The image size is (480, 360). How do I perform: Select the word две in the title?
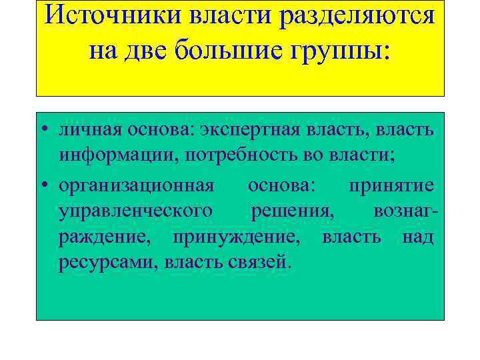click(145, 49)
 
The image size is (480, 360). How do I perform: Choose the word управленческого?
click(136, 211)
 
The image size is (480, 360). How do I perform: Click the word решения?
click(293, 211)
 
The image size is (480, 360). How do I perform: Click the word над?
click(417, 237)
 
